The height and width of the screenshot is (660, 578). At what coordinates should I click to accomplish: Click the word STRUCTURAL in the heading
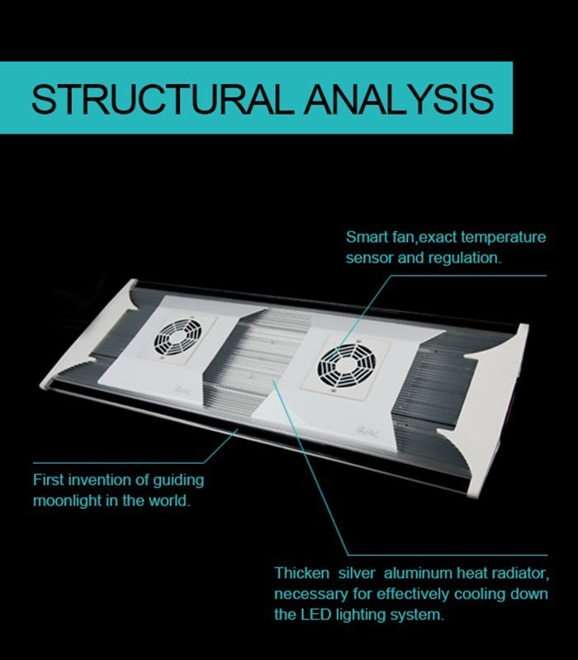[162, 99]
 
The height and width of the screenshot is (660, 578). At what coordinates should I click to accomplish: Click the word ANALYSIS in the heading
[399, 99]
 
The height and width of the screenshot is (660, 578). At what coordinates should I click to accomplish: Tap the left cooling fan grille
[178, 337]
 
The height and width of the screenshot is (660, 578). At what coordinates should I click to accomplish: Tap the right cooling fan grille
[346, 365]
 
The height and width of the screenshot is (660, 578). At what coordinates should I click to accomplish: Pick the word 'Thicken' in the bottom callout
[301, 573]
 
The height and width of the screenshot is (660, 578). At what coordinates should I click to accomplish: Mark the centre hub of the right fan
[346, 365]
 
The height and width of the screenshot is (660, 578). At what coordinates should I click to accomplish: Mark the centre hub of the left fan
[178, 337]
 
